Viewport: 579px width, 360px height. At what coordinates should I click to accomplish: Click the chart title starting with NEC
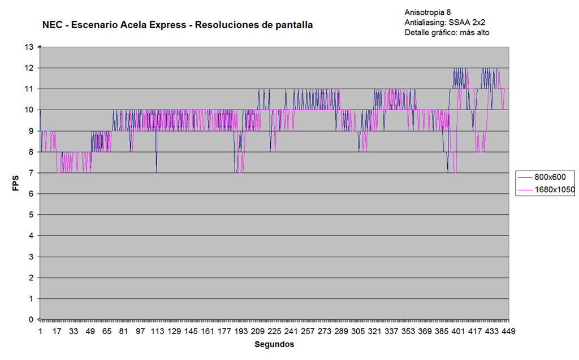coord(178,25)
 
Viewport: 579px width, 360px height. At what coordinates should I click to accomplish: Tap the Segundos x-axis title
coord(274,344)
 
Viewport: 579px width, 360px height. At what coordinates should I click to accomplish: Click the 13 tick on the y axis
coord(29,47)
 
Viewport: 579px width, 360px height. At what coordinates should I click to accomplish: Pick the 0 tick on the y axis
coord(32,320)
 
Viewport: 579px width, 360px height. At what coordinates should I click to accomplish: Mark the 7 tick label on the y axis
coord(32,173)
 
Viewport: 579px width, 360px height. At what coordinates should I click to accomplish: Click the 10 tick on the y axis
coord(29,110)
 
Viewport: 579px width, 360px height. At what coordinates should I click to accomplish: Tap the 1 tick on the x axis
coord(40,331)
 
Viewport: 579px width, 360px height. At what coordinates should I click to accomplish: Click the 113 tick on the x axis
coord(157,331)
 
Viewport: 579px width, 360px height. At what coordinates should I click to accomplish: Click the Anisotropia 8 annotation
coord(428,12)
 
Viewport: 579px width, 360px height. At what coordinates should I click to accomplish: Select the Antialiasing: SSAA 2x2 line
coord(445,22)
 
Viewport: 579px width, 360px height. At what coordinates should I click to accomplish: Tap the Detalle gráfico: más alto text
coord(447,32)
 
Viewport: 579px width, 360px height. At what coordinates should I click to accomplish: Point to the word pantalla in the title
coord(294,25)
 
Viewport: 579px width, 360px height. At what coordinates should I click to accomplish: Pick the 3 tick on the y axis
coord(32,257)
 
